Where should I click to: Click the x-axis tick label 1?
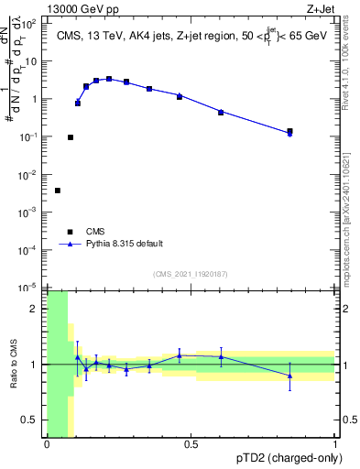[334, 445]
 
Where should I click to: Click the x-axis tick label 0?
[47, 445]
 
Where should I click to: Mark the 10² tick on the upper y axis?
[32, 24]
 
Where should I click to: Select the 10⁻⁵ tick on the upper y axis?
[32, 288]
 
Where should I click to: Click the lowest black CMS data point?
[58, 191]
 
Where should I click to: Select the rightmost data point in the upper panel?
[290, 132]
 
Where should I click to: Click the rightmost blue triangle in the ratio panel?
[290, 376]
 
